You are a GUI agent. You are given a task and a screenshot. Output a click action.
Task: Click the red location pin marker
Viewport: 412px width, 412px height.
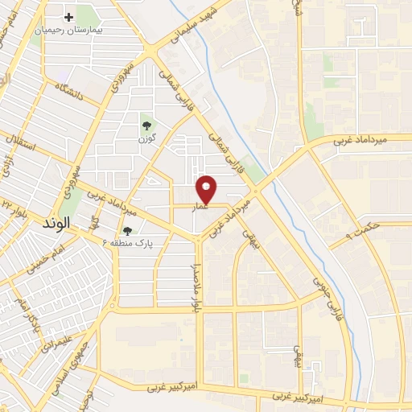tap(207, 188)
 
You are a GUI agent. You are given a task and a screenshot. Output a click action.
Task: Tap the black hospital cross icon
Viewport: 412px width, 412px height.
tap(69, 16)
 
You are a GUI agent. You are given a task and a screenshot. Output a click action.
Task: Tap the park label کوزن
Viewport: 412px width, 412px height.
tap(146, 138)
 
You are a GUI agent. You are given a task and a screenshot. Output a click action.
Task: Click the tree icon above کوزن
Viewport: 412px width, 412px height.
tap(146, 125)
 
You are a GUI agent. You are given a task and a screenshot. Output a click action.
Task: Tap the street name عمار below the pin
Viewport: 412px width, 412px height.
tap(200, 207)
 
